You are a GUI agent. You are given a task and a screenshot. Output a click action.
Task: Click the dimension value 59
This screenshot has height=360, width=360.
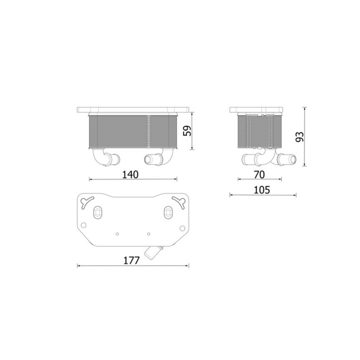tap(187, 131)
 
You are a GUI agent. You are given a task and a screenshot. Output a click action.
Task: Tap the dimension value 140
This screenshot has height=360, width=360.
tap(130, 174)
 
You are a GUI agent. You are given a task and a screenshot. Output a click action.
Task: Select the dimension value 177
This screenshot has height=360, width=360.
tap(131, 260)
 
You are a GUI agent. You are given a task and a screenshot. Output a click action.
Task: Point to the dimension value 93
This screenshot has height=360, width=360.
tap(299, 137)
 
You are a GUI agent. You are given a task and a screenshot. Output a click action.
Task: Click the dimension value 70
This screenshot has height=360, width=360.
tap(259, 174)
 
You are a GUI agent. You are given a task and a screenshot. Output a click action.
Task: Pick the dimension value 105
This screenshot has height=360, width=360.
tap(261, 190)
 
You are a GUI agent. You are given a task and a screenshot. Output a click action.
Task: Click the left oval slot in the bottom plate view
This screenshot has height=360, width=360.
tap(97, 212)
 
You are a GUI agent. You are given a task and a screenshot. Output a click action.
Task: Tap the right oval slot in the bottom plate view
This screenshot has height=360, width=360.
tap(168, 212)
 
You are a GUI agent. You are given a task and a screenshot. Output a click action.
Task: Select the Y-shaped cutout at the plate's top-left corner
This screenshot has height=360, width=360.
tap(87, 201)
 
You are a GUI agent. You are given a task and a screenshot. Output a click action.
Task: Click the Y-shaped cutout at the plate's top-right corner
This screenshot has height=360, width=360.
tap(179, 201)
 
